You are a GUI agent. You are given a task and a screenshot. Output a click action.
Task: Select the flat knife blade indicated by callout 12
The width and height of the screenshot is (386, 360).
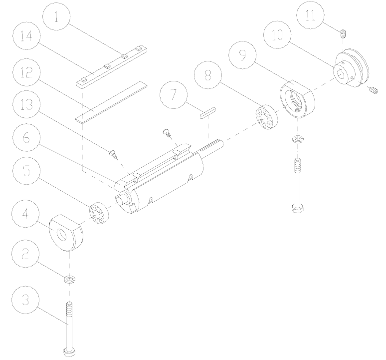tap(112, 101)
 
